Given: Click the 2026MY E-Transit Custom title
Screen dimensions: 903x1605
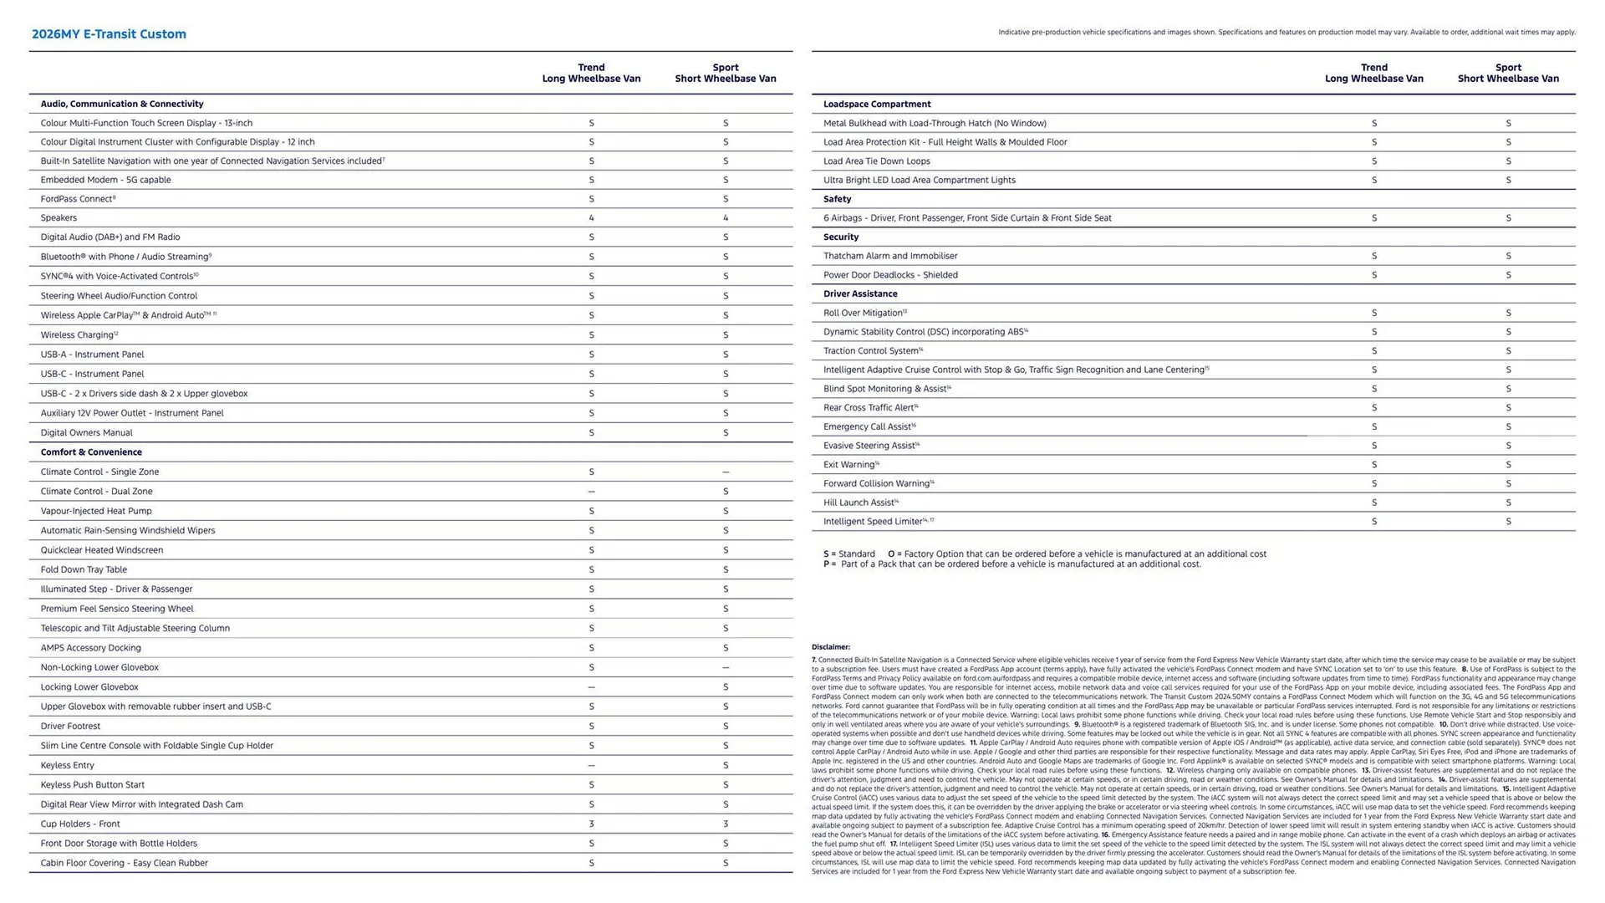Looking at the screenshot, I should point(109,34).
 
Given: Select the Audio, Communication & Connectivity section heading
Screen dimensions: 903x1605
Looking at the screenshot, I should point(122,104).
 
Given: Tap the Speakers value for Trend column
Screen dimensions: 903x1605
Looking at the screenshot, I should point(591,218).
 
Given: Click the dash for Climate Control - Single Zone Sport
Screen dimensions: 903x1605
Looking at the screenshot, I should point(726,472).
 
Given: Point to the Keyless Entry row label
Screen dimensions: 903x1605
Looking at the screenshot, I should point(68,765).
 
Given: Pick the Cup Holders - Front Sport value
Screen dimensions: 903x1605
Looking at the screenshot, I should point(726,824).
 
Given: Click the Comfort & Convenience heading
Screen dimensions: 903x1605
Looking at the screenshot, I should point(91,452).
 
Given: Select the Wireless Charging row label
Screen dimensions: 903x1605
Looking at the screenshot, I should point(78,335).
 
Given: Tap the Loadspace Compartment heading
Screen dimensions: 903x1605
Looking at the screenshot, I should point(877,104).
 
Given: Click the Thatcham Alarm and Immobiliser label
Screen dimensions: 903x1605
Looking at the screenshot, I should point(890,256).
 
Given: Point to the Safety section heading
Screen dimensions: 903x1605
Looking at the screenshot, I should point(837,199).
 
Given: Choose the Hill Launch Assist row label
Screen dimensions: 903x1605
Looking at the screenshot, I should point(859,503).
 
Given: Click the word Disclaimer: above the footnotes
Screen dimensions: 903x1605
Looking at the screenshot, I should point(830,647).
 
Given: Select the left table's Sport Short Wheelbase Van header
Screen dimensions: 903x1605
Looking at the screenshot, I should point(726,73).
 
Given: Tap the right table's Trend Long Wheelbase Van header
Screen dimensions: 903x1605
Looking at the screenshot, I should point(1373,73).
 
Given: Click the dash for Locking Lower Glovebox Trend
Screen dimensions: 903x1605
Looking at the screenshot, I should point(591,687).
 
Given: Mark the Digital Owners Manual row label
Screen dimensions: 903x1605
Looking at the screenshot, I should point(86,433).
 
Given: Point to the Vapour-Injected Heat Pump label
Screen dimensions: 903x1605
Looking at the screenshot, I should point(96,511).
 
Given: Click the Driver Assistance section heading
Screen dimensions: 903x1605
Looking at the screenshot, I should point(860,293).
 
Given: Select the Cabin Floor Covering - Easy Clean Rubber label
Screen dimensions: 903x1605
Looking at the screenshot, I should point(124,863).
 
